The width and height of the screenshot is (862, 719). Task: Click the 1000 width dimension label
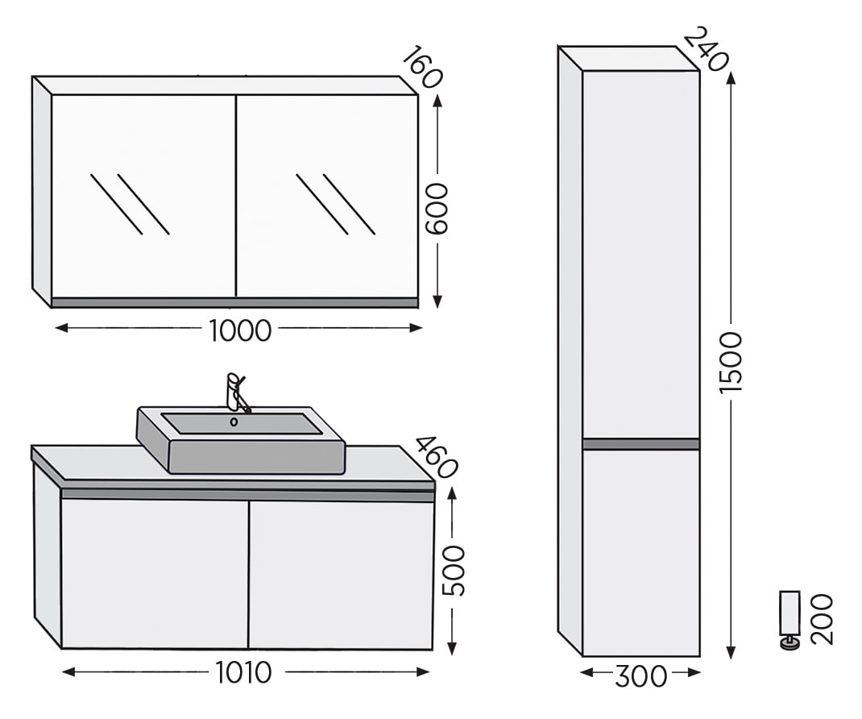pos(240,330)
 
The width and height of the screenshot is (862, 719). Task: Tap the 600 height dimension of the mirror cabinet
pos(438,209)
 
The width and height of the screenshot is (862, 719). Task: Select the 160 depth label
pos(422,67)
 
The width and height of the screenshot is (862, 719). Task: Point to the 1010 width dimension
pos(243,672)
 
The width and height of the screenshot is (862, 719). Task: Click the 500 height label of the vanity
pos(454,571)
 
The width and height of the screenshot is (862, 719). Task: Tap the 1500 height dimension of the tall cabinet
pos(731,363)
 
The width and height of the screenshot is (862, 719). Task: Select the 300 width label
pos(640,676)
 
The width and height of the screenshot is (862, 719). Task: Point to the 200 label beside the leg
pos(823,619)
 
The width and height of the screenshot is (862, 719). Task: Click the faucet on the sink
pos(237,393)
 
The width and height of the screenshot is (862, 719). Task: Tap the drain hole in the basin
pos(234,422)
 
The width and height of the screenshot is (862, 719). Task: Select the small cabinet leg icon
pos(790,620)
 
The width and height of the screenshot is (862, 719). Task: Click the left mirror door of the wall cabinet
pos(143,197)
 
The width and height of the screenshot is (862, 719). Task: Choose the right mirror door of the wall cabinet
pos(327,197)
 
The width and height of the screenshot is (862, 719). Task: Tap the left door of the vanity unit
pos(155,574)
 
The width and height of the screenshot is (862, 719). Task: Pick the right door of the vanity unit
pos(342,576)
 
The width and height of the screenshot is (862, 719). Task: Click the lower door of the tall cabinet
pos(641,553)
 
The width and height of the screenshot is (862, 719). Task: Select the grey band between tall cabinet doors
pos(641,444)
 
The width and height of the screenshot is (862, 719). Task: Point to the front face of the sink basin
pos(257,456)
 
